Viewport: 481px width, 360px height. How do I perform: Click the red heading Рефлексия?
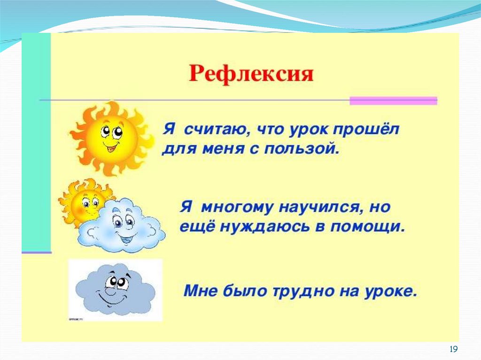(x=251, y=75)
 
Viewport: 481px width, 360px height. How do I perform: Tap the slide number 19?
(x=453, y=349)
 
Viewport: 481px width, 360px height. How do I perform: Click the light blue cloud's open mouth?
(x=126, y=237)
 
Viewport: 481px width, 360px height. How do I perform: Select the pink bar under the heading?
(x=393, y=100)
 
